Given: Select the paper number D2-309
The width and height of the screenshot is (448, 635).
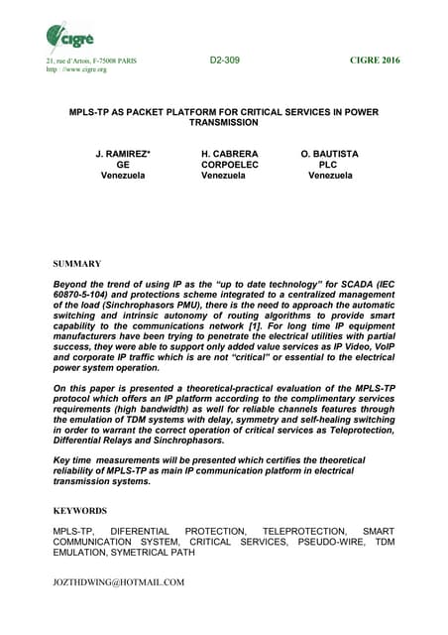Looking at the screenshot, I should (x=224, y=61).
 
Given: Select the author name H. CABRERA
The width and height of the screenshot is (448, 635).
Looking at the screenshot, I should (x=230, y=154).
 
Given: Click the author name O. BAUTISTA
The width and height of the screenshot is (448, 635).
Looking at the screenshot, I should (x=335, y=154).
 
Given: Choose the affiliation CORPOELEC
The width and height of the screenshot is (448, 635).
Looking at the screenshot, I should (x=230, y=165).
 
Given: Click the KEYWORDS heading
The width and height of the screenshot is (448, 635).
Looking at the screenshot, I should (x=80, y=510).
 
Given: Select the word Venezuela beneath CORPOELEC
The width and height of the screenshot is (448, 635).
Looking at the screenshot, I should (x=230, y=176).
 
